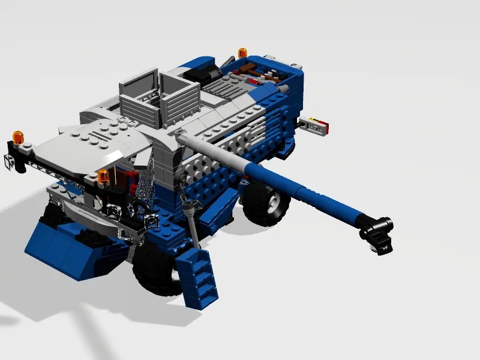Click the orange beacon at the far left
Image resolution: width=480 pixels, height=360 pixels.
(x=19, y=137)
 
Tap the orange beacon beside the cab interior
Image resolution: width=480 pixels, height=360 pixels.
(x=104, y=176)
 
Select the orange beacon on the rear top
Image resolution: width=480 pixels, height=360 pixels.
(x=243, y=53)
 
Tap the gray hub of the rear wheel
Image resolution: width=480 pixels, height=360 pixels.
(x=273, y=203)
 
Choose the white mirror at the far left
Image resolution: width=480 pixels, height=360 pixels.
(x=10, y=160)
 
